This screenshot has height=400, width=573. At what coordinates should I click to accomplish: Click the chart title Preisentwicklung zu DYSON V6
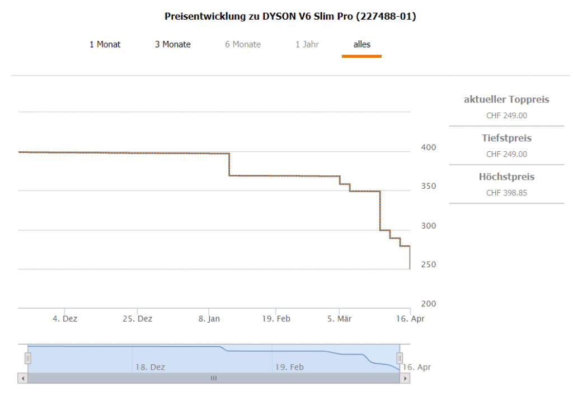[x=290, y=16]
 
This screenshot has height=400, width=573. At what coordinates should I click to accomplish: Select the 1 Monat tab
[x=105, y=44]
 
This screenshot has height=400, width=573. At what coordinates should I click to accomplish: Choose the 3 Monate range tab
[x=173, y=44]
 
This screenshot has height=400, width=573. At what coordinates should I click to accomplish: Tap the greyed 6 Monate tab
[x=243, y=44]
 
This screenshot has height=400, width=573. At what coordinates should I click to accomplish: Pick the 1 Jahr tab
[x=307, y=44]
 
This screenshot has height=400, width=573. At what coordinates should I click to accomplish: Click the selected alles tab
[x=361, y=44]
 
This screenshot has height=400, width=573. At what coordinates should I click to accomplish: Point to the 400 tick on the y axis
[x=428, y=147]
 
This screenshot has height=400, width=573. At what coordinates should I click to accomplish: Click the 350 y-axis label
[x=428, y=187]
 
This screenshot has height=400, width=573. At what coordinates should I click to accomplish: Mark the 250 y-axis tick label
[x=428, y=264]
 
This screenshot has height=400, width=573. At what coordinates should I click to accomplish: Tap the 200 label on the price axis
[x=428, y=304]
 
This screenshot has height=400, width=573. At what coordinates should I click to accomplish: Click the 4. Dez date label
[x=65, y=319]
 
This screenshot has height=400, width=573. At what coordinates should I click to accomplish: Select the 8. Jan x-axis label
[x=209, y=319]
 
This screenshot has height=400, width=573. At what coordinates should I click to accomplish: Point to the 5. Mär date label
[x=339, y=319]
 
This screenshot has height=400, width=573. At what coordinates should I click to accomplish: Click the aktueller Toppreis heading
[x=506, y=100]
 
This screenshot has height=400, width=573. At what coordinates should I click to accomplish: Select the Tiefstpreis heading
[x=506, y=138]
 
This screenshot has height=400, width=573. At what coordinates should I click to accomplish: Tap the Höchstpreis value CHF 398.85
[x=506, y=193]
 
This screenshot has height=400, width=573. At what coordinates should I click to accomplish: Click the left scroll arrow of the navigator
[x=22, y=378]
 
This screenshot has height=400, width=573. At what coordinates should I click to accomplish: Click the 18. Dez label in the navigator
[x=150, y=368]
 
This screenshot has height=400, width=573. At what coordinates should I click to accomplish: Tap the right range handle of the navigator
[x=400, y=358]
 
